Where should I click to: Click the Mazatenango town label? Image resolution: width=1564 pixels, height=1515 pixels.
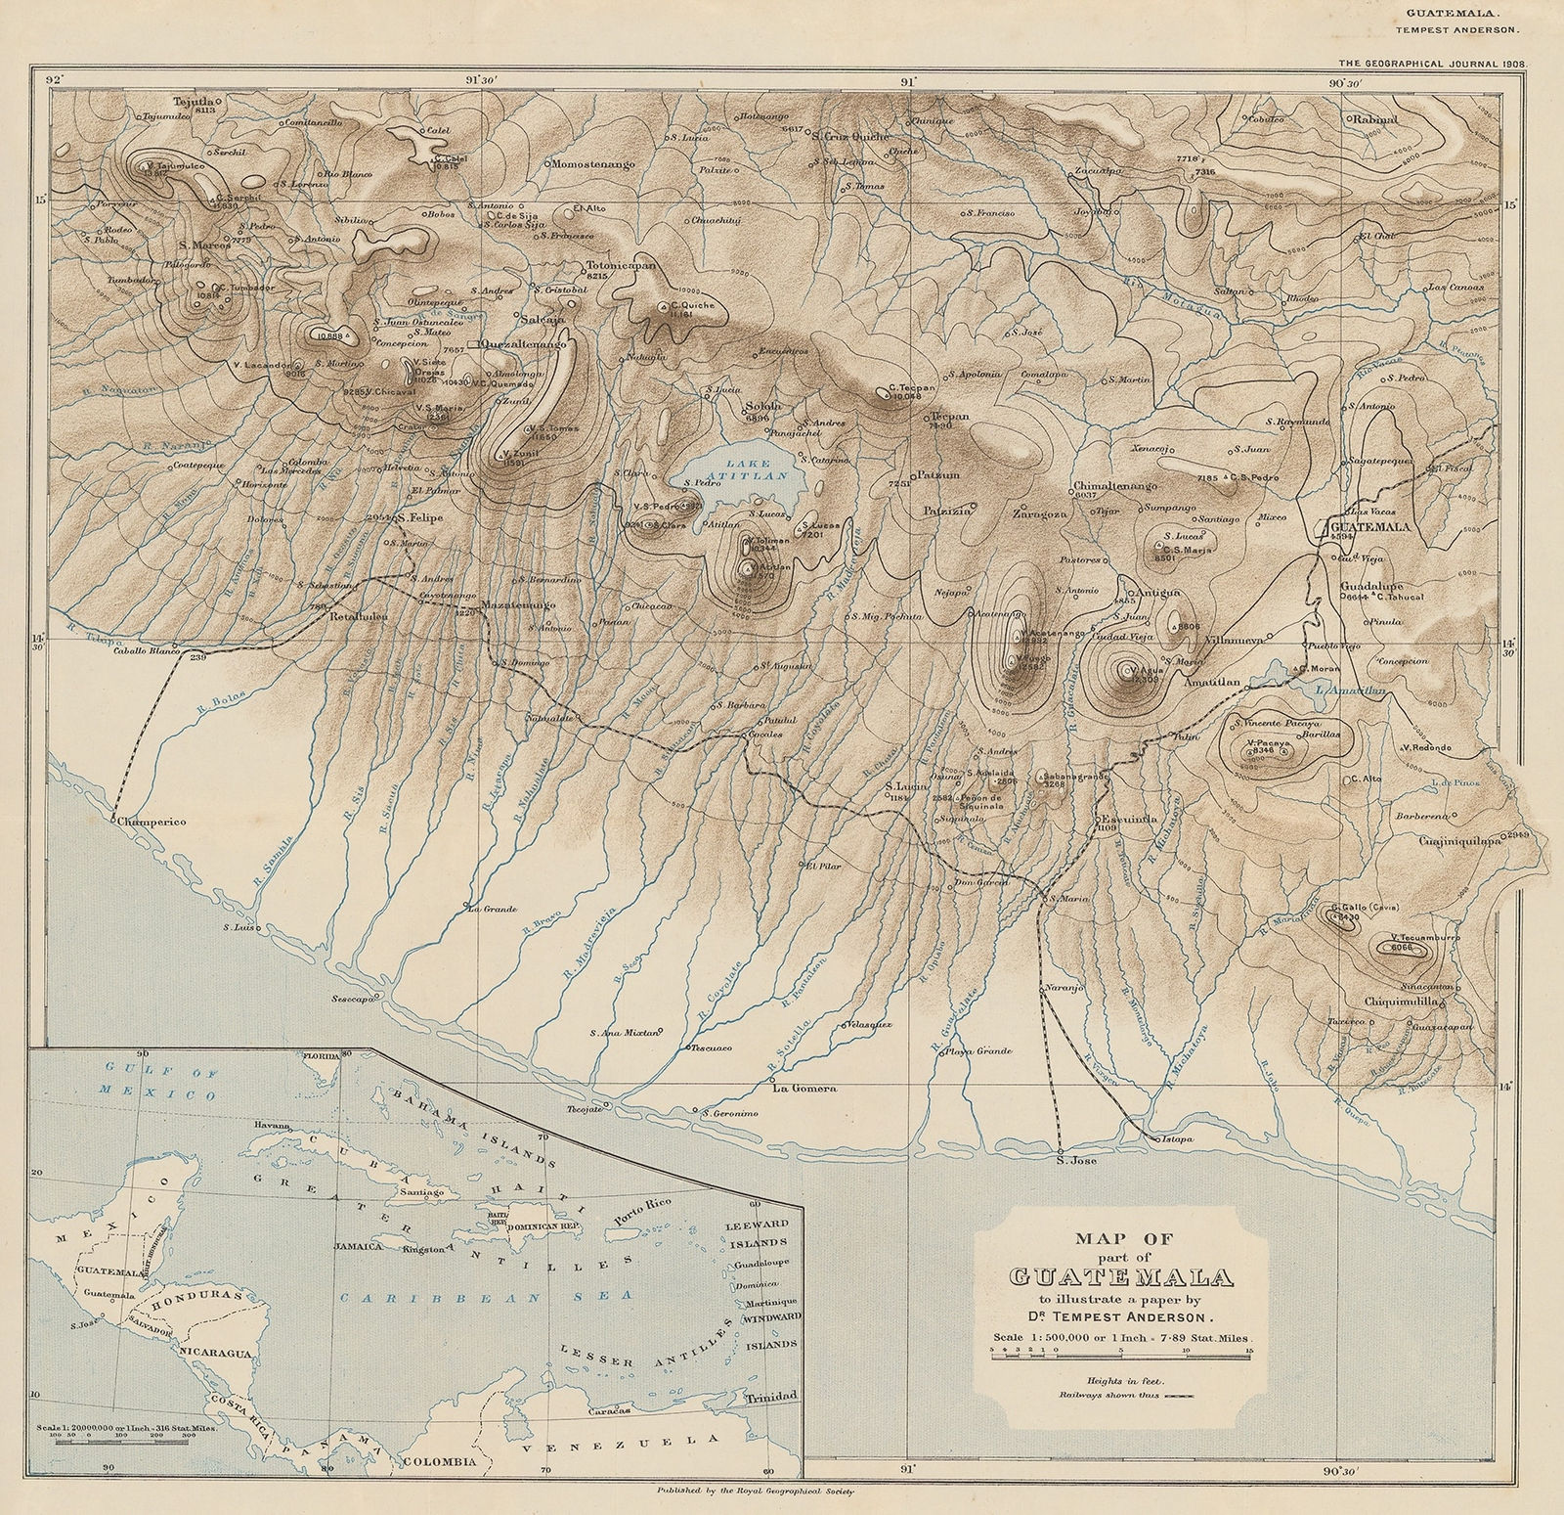click(519, 605)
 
